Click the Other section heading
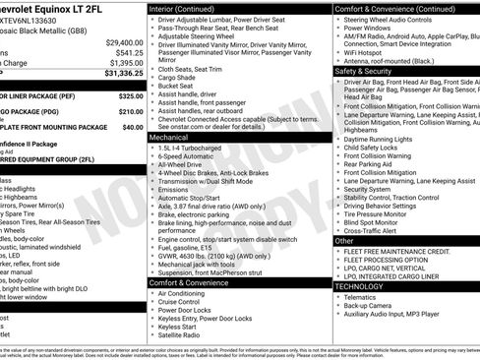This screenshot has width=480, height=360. (x=344, y=241)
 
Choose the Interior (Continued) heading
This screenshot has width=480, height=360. (x=189, y=8)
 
